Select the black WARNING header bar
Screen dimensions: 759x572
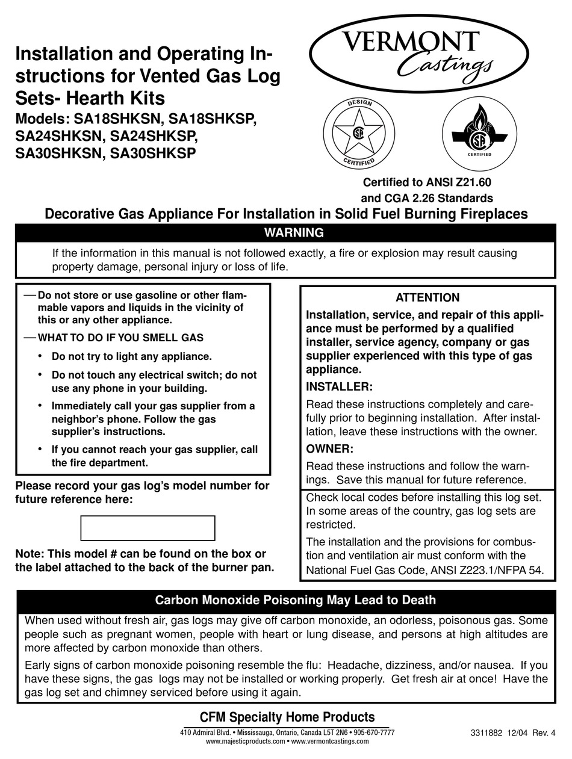(285, 233)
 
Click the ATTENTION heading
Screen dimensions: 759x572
(427, 297)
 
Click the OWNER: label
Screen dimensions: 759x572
(330, 449)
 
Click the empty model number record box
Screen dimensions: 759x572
(148, 528)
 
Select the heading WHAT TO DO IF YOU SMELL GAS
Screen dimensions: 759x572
(120, 338)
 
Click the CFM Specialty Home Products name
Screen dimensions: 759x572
(287, 717)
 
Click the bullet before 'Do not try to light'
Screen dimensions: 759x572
(39, 356)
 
